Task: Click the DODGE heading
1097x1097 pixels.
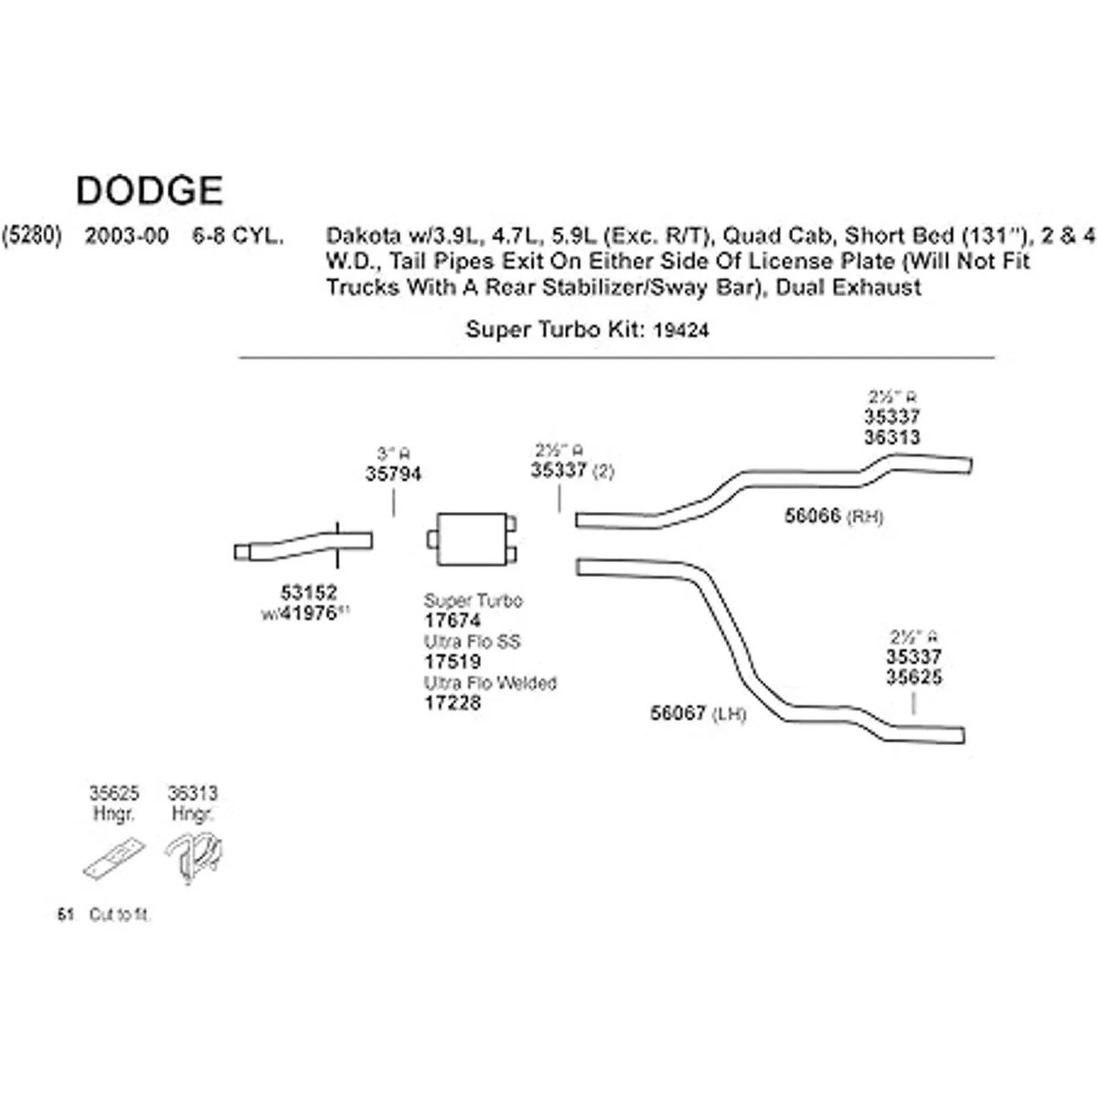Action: (x=149, y=190)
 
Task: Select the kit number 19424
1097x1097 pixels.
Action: (x=681, y=331)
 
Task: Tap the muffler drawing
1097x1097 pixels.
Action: (x=472, y=539)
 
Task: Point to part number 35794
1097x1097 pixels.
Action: (x=393, y=474)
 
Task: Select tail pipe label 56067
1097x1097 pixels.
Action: (x=677, y=713)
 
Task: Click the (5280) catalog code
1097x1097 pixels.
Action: (x=32, y=236)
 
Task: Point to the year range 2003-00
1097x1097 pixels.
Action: (x=127, y=236)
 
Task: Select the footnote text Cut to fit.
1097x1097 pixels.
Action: (x=120, y=915)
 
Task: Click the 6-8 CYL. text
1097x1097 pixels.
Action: (x=237, y=236)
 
